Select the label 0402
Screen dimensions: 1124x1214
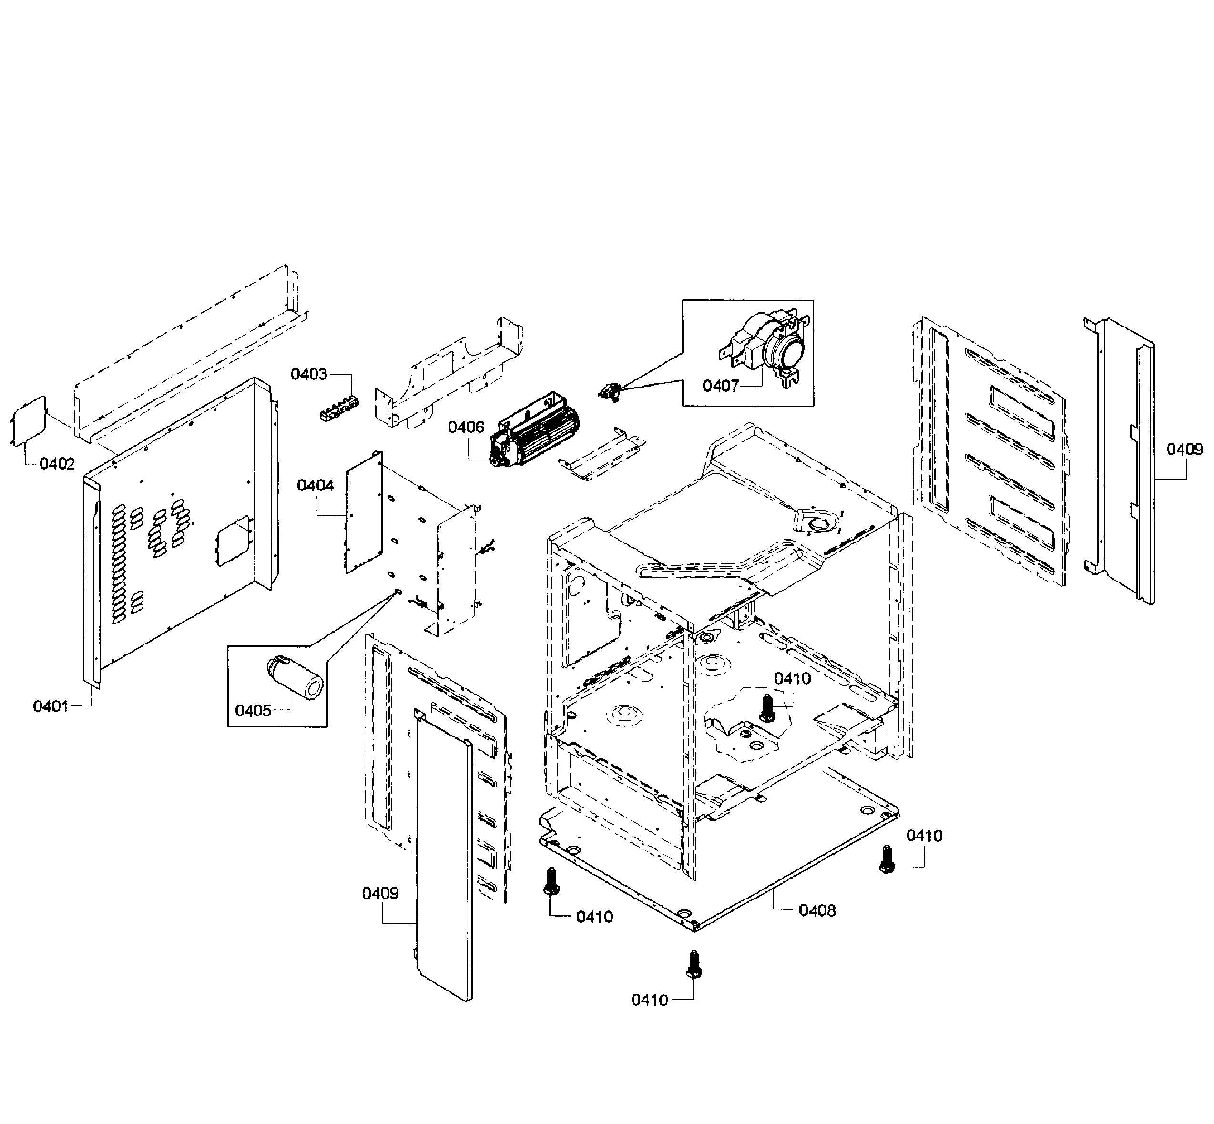(x=57, y=464)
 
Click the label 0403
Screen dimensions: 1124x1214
(x=308, y=374)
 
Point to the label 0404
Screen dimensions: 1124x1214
(x=315, y=485)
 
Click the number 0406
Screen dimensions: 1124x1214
(x=466, y=428)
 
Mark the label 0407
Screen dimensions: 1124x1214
(x=720, y=386)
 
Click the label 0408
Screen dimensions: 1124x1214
(x=817, y=910)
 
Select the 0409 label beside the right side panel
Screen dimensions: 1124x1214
(x=1184, y=450)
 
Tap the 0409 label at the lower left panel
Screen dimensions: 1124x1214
(x=380, y=893)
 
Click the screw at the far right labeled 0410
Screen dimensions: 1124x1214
(x=887, y=860)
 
